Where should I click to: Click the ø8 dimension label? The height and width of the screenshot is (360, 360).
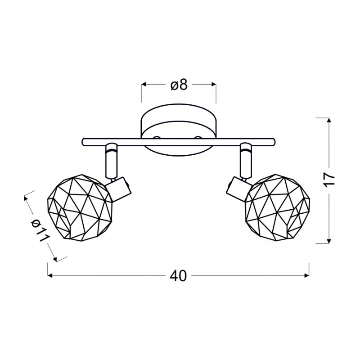point(179,85)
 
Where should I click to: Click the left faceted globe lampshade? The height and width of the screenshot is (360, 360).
point(80,207)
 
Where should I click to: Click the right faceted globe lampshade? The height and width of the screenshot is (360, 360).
point(277,207)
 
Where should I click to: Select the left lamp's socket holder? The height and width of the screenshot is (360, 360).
point(119,189)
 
